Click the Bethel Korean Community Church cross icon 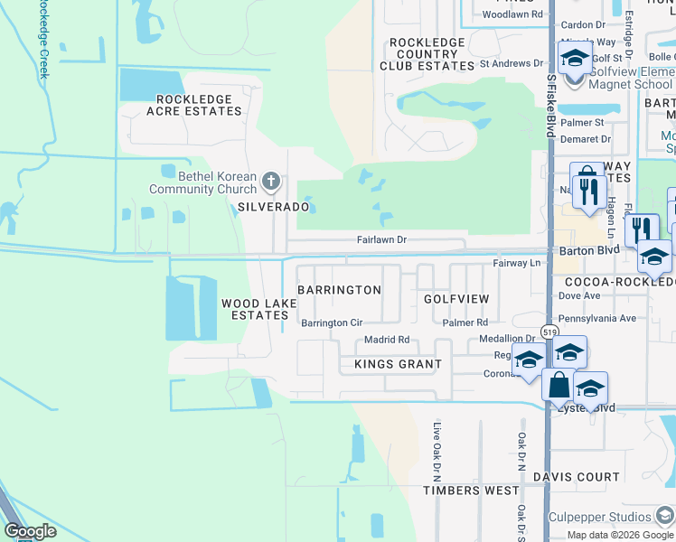270,182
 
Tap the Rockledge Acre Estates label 199,105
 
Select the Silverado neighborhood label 274,207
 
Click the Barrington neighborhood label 339,290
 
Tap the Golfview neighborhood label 456,299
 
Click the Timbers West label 471,491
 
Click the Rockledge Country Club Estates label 427,54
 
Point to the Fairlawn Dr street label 382,241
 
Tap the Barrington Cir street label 332,322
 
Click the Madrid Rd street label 387,341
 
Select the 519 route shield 549,332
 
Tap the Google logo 30,531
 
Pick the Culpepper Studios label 600,517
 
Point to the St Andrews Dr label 512,64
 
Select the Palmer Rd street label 465,322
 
